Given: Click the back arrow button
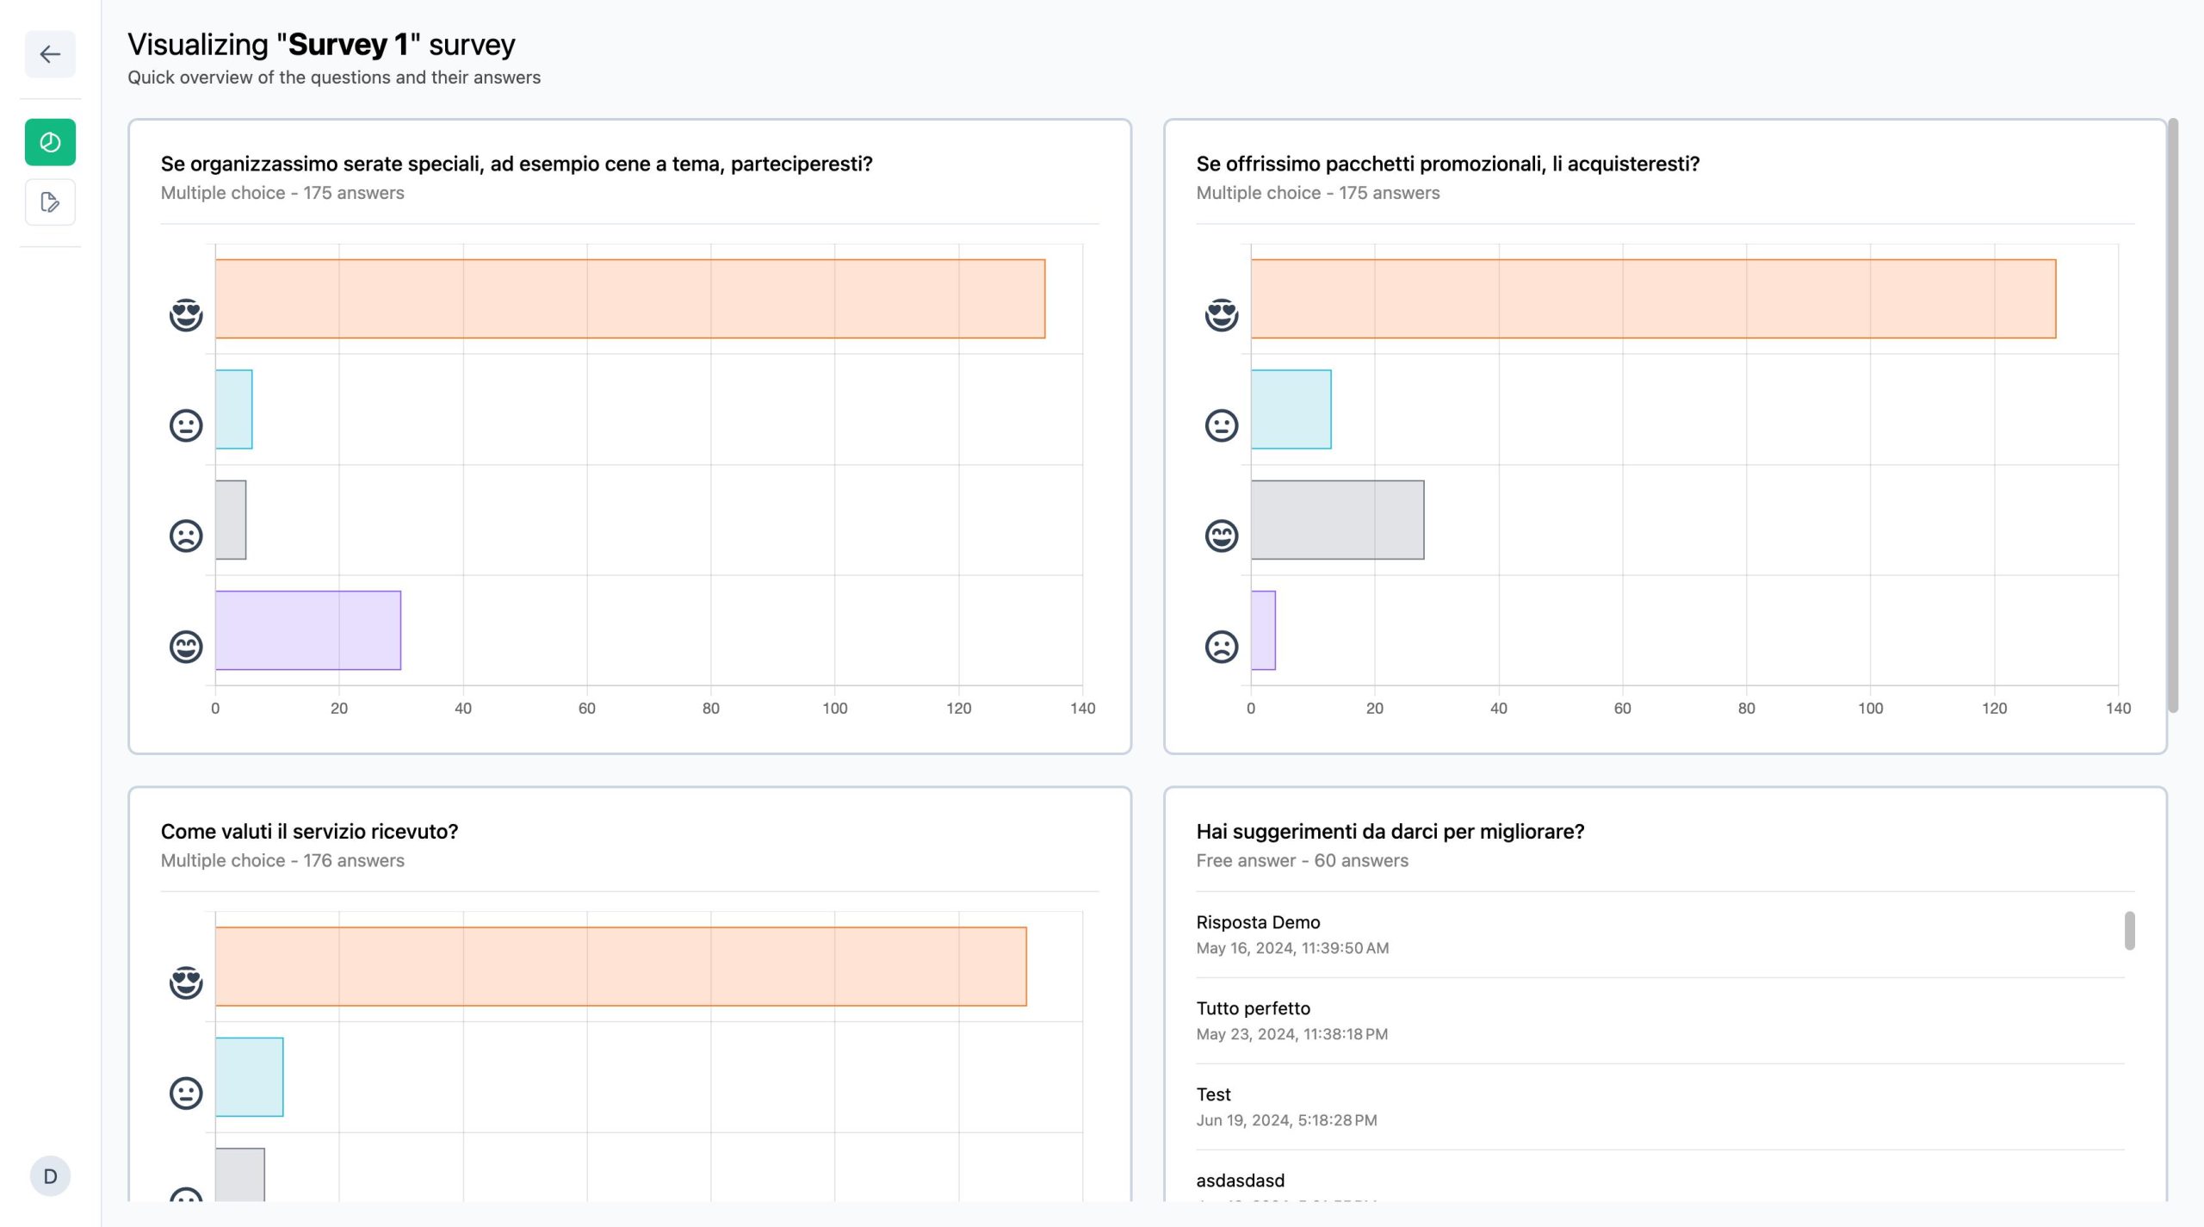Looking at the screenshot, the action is (50, 54).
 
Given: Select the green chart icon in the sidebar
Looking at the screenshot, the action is (50, 142).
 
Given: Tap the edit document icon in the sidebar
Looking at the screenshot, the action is (50, 202).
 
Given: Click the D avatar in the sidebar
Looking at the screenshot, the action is (50, 1176).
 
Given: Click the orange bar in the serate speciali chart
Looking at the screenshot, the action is (630, 299).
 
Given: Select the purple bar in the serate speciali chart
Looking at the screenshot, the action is (308, 630).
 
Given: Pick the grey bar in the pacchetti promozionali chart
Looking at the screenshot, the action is (1337, 520).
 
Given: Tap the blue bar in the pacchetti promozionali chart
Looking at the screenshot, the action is (1291, 409).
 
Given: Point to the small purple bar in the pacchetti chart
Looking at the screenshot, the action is (1263, 630).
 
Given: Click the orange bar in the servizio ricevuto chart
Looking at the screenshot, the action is (621, 966).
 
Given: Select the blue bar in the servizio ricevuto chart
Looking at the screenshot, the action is (249, 1077).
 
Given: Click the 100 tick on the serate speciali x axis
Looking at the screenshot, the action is (834, 709).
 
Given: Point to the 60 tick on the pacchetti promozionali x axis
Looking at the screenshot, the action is (1622, 709).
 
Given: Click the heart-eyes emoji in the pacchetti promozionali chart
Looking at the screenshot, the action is (1221, 315).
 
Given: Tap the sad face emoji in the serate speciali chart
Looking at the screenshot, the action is (186, 536).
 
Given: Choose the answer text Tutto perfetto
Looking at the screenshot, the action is (1253, 1008).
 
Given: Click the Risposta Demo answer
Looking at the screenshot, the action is (1258, 922).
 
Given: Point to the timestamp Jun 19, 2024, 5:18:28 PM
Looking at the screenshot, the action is (1286, 1120).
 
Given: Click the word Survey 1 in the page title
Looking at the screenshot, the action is (348, 44).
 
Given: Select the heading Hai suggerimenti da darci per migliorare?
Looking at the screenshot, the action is (1390, 832).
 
